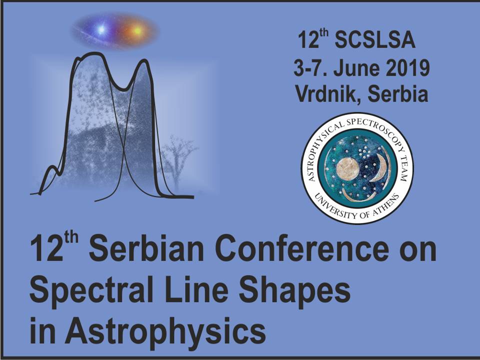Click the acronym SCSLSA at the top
tap(375, 40)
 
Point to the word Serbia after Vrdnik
tap(397, 93)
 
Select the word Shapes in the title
tap(294, 290)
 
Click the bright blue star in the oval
tap(101, 29)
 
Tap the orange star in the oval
tap(137, 30)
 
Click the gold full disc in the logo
tap(348, 169)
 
